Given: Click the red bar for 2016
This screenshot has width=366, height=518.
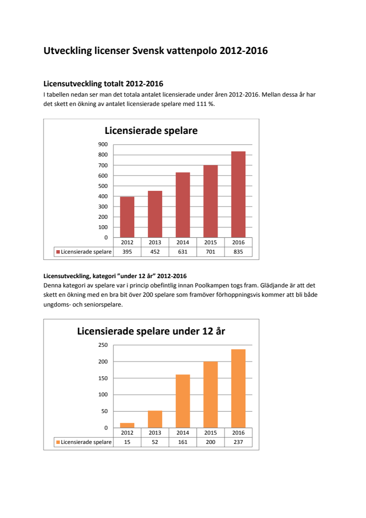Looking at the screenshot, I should click(238, 194).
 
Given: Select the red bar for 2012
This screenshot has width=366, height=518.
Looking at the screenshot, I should click(127, 217).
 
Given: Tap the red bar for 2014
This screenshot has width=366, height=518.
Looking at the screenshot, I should click(183, 205).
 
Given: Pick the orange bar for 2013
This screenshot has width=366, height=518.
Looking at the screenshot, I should click(155, 419).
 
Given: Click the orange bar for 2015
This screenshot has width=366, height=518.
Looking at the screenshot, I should click(210, 394).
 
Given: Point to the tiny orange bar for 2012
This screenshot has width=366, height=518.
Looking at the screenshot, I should click(127, 425).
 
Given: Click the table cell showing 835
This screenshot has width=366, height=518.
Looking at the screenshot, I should click(238, 252).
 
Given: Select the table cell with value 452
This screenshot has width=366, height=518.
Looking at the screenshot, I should click(155, 252).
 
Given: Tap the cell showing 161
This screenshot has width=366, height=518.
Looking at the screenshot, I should click(183, 442).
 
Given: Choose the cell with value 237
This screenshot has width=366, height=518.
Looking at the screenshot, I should click(238, 442).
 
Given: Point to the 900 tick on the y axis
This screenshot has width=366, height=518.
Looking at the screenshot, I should click(103, 144).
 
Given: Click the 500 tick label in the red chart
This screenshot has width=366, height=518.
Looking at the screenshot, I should click(103, 186).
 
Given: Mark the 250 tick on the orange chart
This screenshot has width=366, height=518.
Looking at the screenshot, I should click(103, 345).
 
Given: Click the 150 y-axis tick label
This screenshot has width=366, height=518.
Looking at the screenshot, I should click(103, 378).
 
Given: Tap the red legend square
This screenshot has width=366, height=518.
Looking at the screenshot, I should click(58, 252).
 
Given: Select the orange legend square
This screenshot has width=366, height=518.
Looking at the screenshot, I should click(58, 442).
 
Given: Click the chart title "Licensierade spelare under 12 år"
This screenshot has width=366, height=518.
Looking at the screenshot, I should click(151, 331).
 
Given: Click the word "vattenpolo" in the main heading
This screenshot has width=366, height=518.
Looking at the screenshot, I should click(188, 51).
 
